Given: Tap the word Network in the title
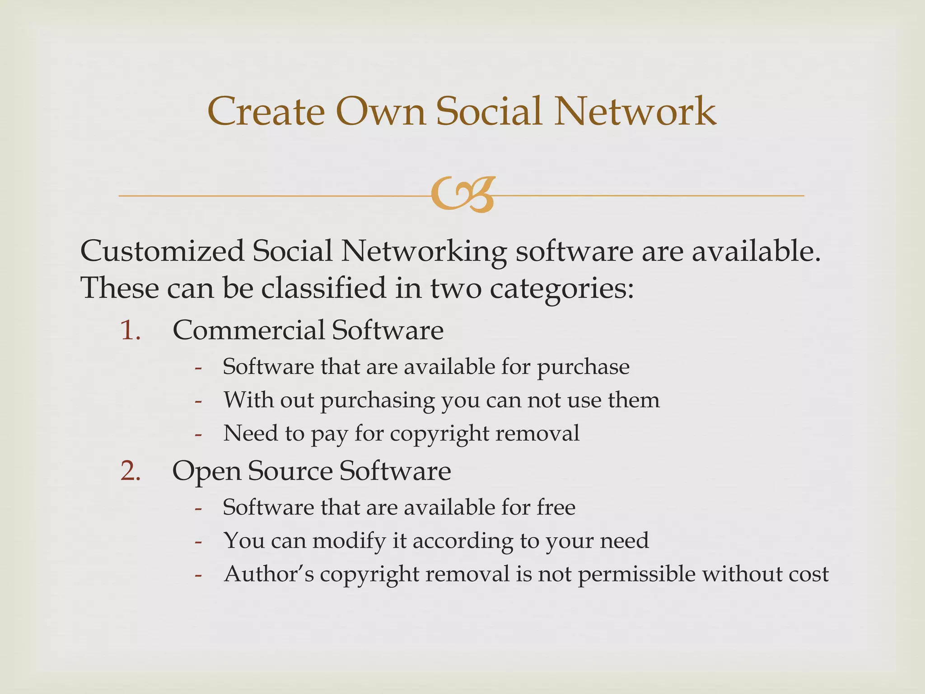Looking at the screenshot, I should point(635,111).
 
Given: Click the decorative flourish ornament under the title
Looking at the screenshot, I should point(462,195).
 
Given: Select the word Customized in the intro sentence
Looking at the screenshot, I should point(162,251).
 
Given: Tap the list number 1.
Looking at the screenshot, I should point(131,330).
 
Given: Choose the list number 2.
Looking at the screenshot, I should point(131,471).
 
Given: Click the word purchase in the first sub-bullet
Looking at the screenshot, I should point(583,367).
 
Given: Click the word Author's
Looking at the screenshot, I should point(269,574).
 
